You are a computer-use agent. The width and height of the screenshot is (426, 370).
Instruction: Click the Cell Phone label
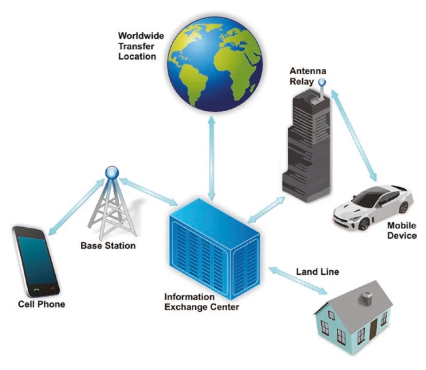(x=41, y=304)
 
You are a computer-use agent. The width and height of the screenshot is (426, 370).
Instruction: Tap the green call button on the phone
(x=36, y=290)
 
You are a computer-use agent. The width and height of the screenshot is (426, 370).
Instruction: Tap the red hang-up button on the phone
(x=53, y=288)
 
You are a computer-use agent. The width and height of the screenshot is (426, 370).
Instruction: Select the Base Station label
(x=108, y=246)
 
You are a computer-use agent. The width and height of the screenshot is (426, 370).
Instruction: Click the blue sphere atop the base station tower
(x=112, y=172)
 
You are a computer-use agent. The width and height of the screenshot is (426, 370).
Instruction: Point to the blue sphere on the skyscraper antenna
(x=322, y=82)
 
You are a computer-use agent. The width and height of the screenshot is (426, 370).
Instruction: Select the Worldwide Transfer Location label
(x=141, y=46)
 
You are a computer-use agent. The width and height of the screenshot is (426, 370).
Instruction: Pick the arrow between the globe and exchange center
(x=212, y=157)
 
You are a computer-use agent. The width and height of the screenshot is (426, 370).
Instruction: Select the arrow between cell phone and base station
(x=76, y=207)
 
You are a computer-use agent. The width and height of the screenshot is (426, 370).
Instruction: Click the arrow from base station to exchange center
(x=149, y=192)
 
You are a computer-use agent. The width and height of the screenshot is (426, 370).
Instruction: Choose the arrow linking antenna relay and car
(x=354, y=135)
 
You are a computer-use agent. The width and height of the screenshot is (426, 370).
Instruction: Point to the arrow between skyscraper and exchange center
(x=266, y=210)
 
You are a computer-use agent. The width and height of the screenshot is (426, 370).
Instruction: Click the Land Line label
(x=317, y=271)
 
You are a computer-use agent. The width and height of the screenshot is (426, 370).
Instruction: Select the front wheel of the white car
(x=363, y=224)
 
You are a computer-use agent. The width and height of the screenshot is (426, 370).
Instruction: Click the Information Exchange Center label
(x=202, y=301)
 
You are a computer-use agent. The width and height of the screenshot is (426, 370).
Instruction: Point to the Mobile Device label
(x=402, y=231)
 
